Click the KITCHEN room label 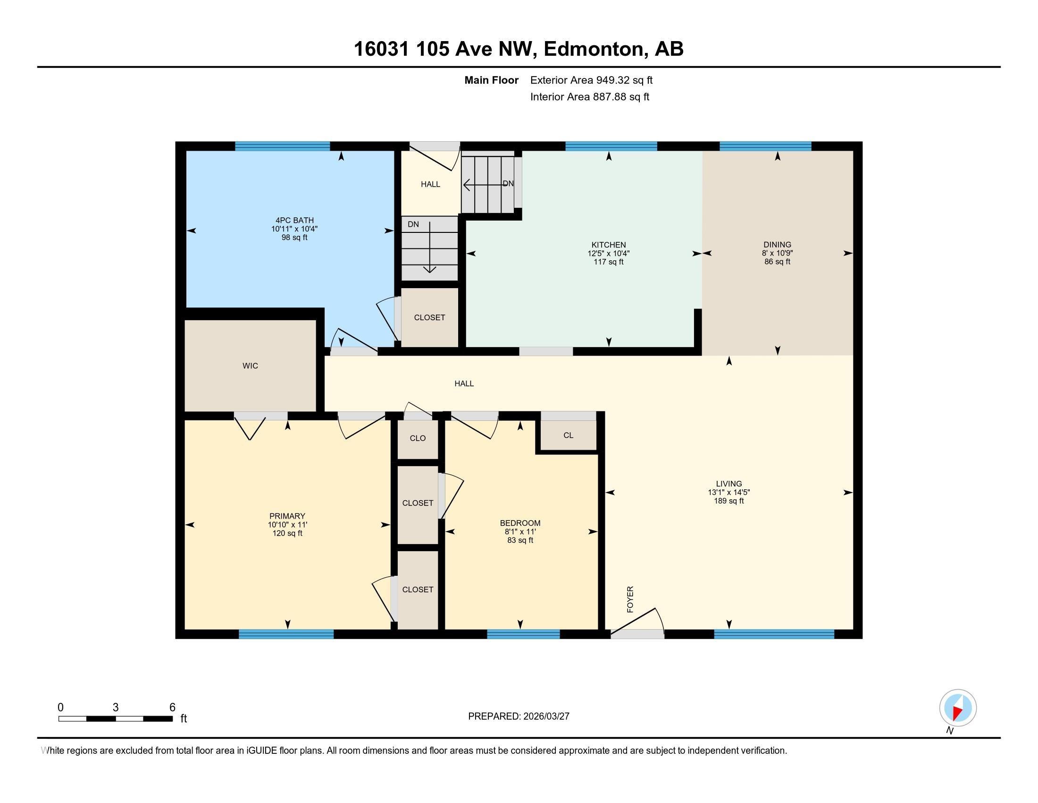608,245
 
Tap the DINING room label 777,245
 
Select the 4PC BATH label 294,220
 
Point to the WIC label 250,366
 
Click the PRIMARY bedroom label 287,516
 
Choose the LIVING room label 728,484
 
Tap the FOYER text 630,599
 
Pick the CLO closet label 418,438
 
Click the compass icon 958,708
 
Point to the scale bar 116,719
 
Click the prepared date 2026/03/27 546,717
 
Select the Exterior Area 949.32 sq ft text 591,80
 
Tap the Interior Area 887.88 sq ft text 589,97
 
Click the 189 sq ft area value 728,501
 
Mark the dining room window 765,146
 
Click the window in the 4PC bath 282,146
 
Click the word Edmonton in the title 593,49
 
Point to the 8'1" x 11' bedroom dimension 520,532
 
